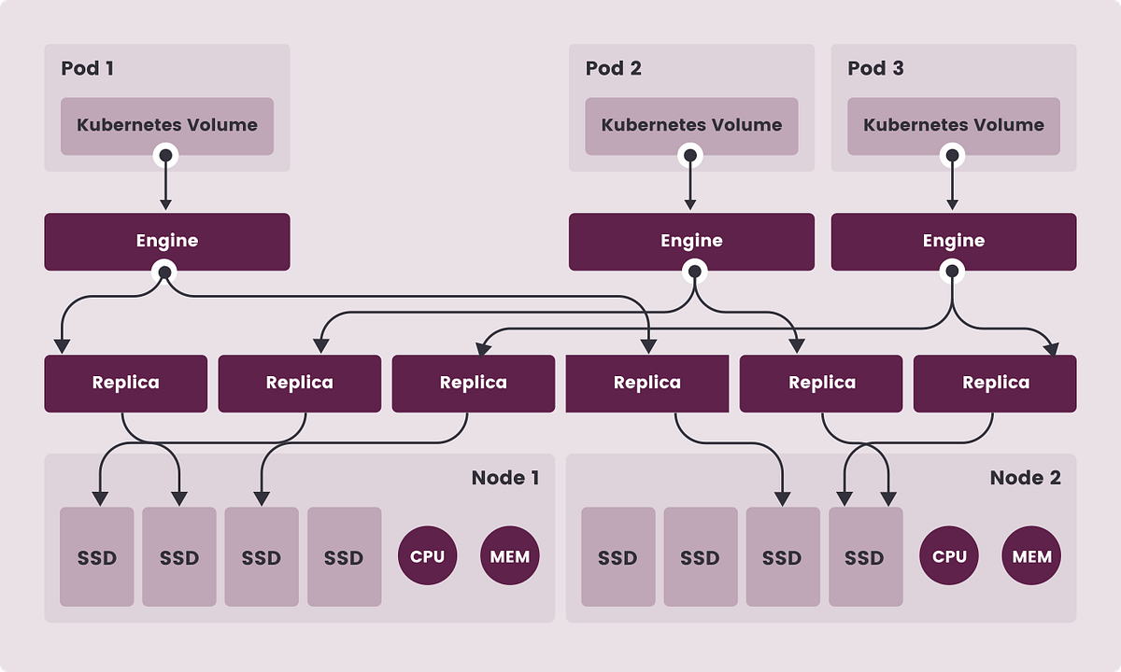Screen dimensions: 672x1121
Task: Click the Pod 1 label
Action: [88, 68]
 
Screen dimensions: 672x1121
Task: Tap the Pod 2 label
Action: [613, 68]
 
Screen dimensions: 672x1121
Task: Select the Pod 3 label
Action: [875, 68]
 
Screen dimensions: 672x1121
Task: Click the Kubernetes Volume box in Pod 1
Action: [167, 125]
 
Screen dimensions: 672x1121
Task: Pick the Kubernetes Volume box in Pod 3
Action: [954, 125]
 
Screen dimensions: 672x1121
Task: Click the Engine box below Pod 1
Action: [167, 241]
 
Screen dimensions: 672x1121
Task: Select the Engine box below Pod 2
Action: [691, 241]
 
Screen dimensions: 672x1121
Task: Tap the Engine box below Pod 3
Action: [954, 241]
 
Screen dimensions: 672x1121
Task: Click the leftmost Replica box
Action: [125, 383]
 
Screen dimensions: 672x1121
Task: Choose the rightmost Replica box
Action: [995, 383]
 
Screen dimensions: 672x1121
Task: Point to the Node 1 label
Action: [504, 478]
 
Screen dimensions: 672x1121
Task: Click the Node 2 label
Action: [1025, 478]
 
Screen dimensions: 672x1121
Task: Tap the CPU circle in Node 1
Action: [428, 557]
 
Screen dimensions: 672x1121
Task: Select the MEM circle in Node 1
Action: [510, 557]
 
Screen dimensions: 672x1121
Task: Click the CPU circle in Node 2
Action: [949, 557]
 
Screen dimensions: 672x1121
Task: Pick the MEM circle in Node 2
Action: [1032, 557]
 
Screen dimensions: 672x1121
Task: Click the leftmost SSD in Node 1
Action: [97, 557]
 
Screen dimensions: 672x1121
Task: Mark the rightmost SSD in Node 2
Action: [865, 557]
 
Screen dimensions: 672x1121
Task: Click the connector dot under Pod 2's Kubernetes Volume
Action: [691, 155]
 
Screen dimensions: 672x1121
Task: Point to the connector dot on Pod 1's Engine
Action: [165, 272]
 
